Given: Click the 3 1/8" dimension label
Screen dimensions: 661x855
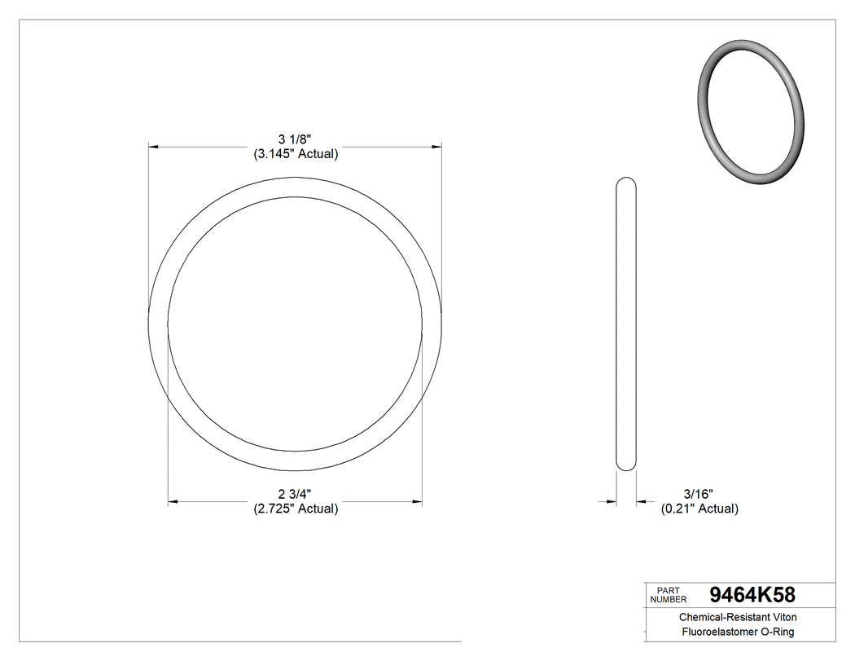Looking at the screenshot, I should [295, 139].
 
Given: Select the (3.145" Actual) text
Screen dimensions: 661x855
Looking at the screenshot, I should [295, 153].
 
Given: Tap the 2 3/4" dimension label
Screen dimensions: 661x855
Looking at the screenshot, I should [295, 494].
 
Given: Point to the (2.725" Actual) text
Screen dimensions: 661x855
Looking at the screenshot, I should [295, 509].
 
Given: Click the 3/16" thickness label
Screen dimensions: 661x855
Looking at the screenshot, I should [699, 494].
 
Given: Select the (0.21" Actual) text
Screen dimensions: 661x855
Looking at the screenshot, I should [699, 509].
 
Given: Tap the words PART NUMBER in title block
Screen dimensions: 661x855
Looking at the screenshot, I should [669, 594].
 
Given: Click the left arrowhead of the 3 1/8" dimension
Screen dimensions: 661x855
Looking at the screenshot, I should [153, 147].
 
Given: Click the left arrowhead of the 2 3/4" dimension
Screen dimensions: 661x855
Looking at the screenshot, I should [173, 501].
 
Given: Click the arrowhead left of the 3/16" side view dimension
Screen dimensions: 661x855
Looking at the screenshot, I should [610, 501].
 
